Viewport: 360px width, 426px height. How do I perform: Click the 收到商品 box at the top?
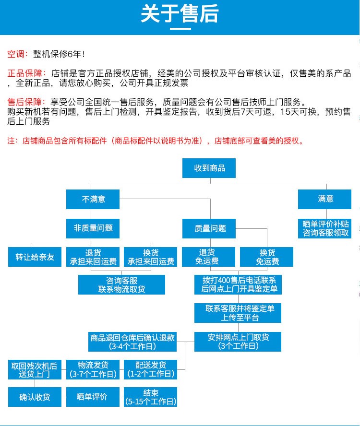point(209,168)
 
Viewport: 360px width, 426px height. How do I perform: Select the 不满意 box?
point(93,199)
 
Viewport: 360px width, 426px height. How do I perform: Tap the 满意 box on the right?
point(325,199)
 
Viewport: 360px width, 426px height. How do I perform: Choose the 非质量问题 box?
point(93,228)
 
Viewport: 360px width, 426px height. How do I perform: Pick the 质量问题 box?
point(210,228)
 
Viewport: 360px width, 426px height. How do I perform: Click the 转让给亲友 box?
point(35,257)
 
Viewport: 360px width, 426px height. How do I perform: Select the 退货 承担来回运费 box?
point(93,257)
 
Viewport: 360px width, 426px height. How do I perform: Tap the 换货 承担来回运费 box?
point(150,257)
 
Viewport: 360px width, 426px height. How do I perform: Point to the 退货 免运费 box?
point(209,257)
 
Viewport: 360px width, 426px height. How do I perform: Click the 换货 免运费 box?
point(267,257)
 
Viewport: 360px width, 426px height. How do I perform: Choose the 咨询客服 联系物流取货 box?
point(121,285)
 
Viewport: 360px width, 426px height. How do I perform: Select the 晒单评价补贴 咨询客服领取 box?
point(325,228)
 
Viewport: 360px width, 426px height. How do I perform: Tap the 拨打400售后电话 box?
point(238,285)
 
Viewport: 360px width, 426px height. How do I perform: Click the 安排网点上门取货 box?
point(238,342)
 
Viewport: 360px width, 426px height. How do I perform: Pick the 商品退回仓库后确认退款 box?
point(132,342)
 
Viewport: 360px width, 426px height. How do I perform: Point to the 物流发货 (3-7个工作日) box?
point(93,369)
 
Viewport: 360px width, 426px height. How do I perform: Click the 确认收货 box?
point(35,397)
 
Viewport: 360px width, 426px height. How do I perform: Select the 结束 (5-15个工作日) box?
point(150,397)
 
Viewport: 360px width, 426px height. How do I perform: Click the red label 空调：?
point(18,54)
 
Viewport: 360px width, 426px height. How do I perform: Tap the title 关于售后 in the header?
point(180,14)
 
